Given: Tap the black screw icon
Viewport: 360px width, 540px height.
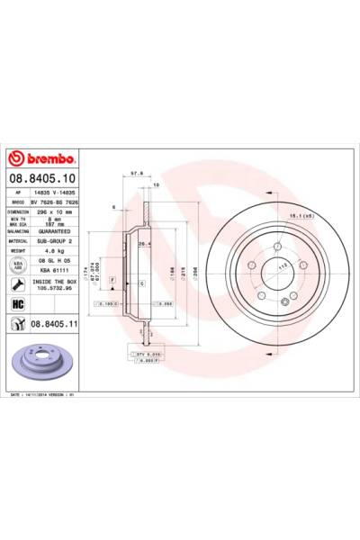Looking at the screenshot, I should click(17, 283).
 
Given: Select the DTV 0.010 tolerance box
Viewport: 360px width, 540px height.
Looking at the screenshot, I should click(148, 355).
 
